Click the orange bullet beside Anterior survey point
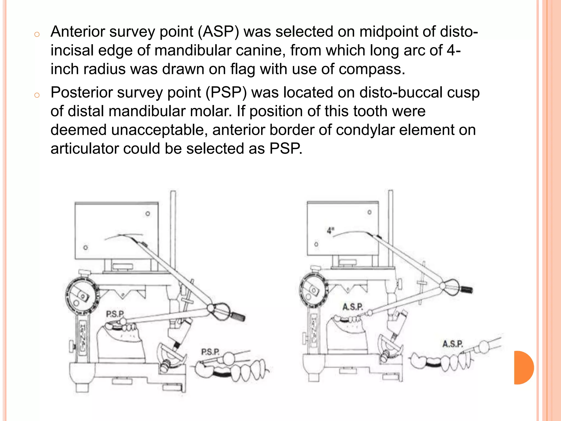click(37, 35)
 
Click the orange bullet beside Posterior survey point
click(37, 95)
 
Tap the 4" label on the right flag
click(331, 231)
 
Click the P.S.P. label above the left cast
click(115, 314)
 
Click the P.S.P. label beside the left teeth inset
click(210, 352)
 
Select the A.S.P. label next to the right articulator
click(353, 307)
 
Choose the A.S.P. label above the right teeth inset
click(453, 344)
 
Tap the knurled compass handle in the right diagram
click(467, 289)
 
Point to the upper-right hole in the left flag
click(148, 214)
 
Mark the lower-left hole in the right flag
click(316, 244)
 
